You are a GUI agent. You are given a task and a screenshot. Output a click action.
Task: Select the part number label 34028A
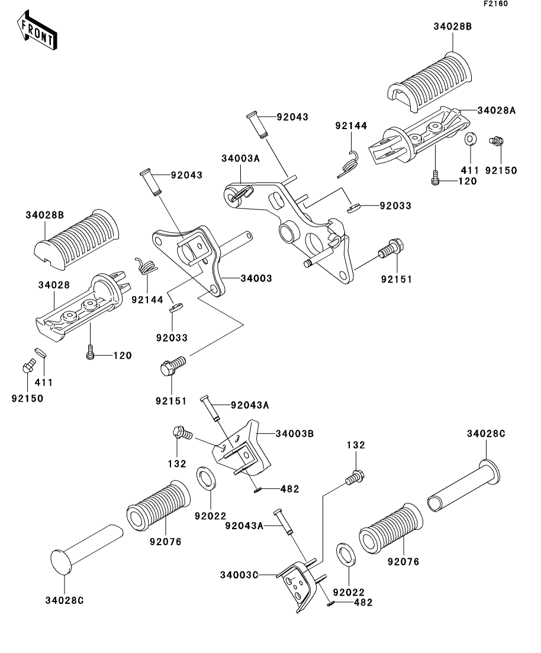pyautogui.click(x=496, y=110)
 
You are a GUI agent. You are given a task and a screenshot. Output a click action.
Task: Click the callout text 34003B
pyautogui.click(x=294, y=434)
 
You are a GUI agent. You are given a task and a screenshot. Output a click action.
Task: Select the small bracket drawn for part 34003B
pyautogui.click(x=239, y=451)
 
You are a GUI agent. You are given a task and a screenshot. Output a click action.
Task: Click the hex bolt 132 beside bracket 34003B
pyautogui.click(x=181, y=433)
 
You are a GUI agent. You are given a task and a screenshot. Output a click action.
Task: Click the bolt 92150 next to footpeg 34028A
pyautogui.click(x=498, y=141)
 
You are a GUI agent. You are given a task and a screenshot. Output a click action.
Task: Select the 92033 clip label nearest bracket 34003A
pyautogui.click(x=395, y=206)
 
